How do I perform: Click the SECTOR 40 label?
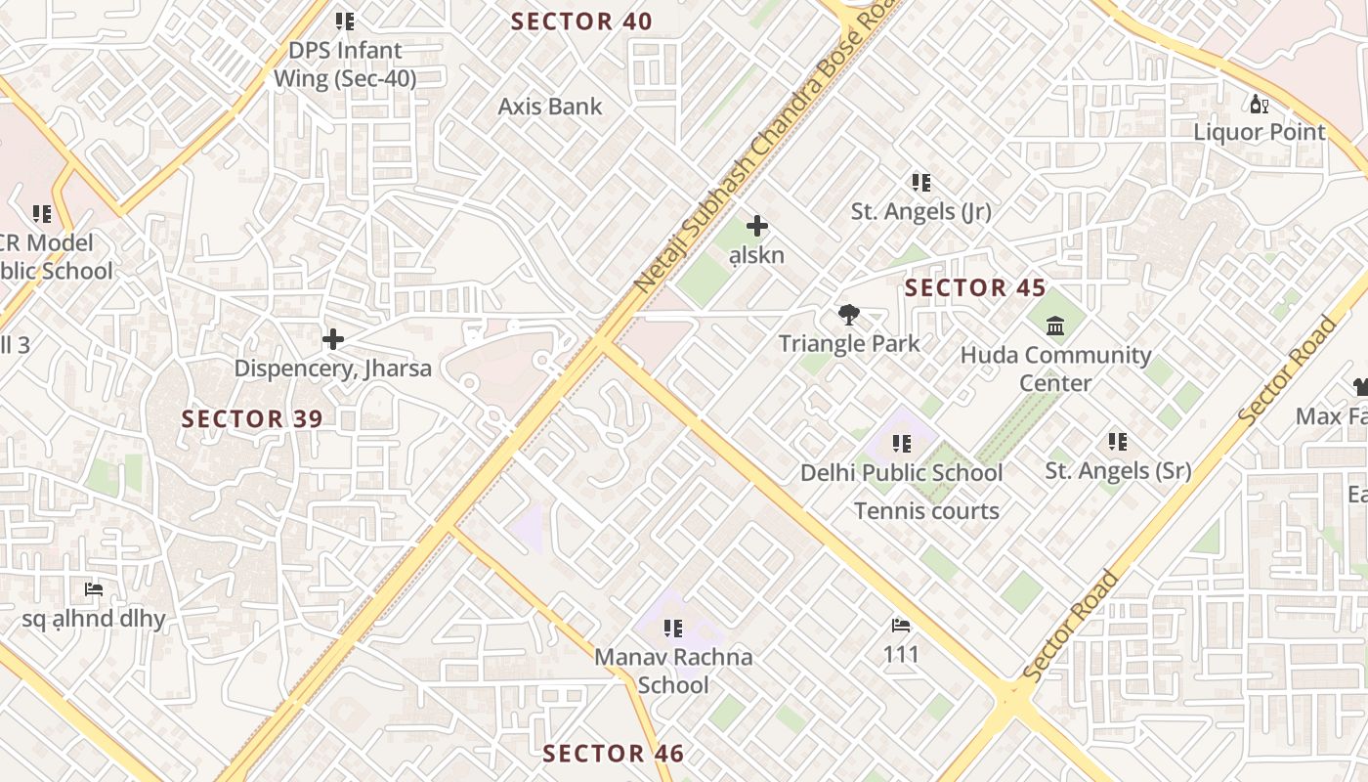pos(581,22)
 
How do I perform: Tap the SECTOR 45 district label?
pos(974,287)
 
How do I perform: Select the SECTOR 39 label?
pos(252,418)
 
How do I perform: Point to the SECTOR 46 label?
pos(613,753)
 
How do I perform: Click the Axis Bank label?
pos(550,107)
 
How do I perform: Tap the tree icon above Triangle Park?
pos(849,315)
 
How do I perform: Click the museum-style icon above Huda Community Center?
pos(1055,326)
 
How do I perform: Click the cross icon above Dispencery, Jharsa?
pos(333,339)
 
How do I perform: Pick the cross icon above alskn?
pos(757,227)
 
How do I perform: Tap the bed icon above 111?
pos(901,626)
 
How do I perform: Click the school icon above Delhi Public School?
pos(901,444)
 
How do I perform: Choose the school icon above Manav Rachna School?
pos(672,628)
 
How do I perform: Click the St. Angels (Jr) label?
pos(920,211)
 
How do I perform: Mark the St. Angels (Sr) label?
pos(1118,470)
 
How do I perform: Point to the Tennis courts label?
pos(926,510)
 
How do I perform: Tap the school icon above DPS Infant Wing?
pos(344,21)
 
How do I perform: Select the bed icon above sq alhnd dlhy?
pos(94,589)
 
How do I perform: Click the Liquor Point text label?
pos(1260,132)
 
